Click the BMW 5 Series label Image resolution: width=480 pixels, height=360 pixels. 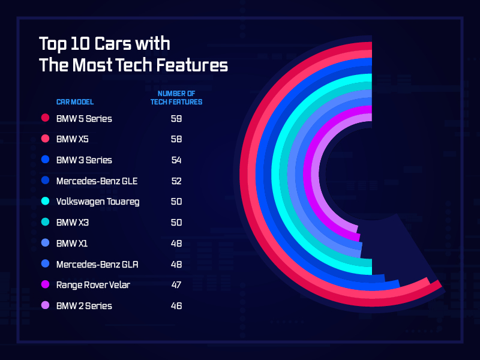84,118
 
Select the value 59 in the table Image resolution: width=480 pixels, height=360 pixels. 176,118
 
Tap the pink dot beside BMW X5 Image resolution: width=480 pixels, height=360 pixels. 44,139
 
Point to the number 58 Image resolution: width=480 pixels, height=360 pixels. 176,139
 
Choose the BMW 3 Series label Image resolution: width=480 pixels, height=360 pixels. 84,160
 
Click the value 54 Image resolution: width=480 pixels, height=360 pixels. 176,160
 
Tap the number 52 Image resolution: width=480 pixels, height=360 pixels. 176,181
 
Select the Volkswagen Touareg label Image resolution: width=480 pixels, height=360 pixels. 98,202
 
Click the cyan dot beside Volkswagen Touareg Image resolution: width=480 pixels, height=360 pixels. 44,202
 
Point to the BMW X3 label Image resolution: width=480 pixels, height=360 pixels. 73,223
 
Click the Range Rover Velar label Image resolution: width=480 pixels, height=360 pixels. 93,285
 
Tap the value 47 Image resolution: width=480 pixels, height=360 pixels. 176,285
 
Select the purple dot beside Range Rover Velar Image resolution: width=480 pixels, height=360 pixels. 44,285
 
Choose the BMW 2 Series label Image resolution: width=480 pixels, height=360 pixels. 84,306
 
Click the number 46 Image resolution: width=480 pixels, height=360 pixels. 176,306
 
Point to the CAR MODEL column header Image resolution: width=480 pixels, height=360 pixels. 75,101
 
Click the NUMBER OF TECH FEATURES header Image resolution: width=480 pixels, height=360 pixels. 176,98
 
